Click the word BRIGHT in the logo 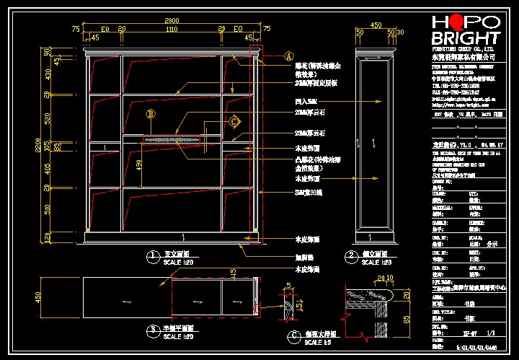(x=466, y=38)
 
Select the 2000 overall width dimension (x=172, y=19)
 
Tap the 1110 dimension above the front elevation (x=172, y=30)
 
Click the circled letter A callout (x=289, y=56)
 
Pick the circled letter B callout (x=151, y=113)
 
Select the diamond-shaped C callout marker (x=234, y=122)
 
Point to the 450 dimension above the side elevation (x=376, y=25)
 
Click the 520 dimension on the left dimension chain (x=48, y=117)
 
